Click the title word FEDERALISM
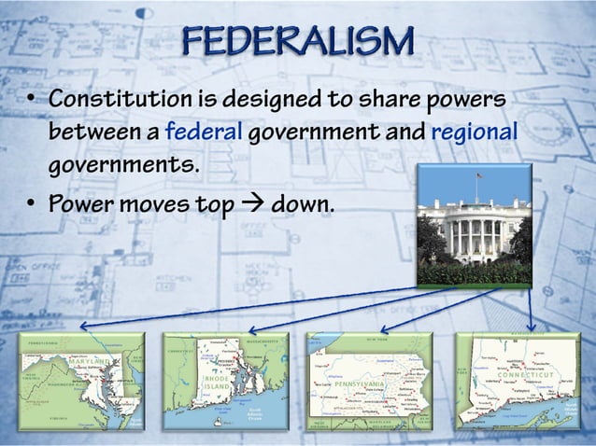pyautogui.click(x=297, y=42)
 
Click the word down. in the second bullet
pyautogui.click(x=301, y=202)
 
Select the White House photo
pyautogui.click(x=474, y=225)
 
